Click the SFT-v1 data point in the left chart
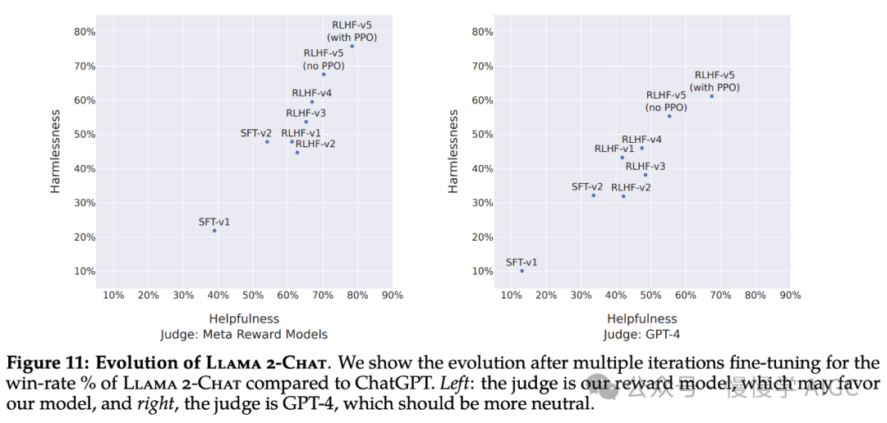[x=214, y=231]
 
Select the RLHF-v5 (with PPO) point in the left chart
[x=352, y=46]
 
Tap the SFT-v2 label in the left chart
[x=255, y=133]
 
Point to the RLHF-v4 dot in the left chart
[x=312, y=102]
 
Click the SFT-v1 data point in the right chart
[x=522, y=271]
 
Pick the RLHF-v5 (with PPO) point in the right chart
[x=712, y=96]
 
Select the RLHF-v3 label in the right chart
[x=646, y=167]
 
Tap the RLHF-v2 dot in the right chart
[x=623, y=196]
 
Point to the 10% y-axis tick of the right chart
[x=483, y=271]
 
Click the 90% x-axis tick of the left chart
[x=393, y=296]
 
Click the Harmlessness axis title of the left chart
[x=56, y=152]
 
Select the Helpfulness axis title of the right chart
[x=642, y=319]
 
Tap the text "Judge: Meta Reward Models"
[x=244, y=334]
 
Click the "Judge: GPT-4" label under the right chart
[x=641, y=334]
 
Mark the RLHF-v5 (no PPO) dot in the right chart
[x=669, y=116]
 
